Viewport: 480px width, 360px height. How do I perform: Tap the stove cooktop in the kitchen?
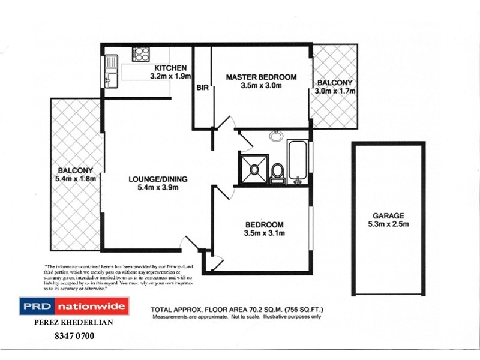[141, 54]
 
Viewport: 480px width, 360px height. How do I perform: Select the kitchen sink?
[110, 62]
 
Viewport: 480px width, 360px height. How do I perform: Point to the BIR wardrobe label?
[202, 88]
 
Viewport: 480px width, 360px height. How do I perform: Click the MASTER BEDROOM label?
[261, 77]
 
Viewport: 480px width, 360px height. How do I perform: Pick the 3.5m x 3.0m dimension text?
[261, 86]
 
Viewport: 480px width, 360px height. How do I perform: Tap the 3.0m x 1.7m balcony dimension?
[335, 91]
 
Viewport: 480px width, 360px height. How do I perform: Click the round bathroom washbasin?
[277, 136]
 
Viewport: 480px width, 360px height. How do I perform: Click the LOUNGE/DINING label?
[158, 178]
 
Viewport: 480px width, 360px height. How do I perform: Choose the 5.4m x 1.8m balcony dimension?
[75, 178]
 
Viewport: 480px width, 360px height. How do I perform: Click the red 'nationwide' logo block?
[92, 307]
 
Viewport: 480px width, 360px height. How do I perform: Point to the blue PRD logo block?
[37, 307]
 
